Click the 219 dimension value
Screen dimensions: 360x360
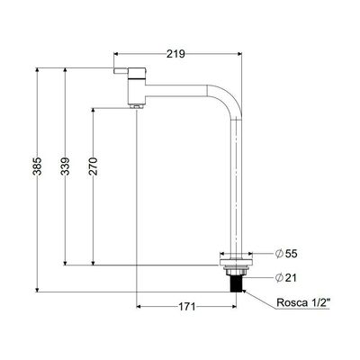point(175,54)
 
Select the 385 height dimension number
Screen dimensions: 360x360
point(37,166)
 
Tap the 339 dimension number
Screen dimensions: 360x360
point(65,166)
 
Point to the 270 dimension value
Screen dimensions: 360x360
point(93,166)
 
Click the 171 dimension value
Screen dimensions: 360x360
point(187,307)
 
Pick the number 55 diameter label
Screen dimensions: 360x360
point(291,254)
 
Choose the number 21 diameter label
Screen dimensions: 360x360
point(291,278)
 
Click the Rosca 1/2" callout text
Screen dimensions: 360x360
point(303,302)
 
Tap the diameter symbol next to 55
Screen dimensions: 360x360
point(279,254)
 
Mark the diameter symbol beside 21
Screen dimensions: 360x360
point(279,278)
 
